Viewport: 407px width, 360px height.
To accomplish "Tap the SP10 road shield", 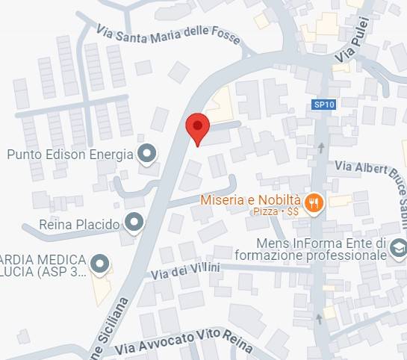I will click(x=324, y=105).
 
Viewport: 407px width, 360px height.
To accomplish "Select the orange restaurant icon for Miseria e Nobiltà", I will click(x=314, y=202).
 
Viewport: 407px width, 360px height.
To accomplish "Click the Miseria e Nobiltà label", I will click(x=250, y=200).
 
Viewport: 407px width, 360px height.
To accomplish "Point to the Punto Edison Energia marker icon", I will click(x=147, y=155).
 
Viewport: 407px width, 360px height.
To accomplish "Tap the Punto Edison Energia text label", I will click(x=69, y=155).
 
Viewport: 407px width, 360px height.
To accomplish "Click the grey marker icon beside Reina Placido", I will click(x=134, y=222).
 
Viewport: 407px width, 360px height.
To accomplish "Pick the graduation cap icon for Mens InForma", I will click(x=397, y=247).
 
